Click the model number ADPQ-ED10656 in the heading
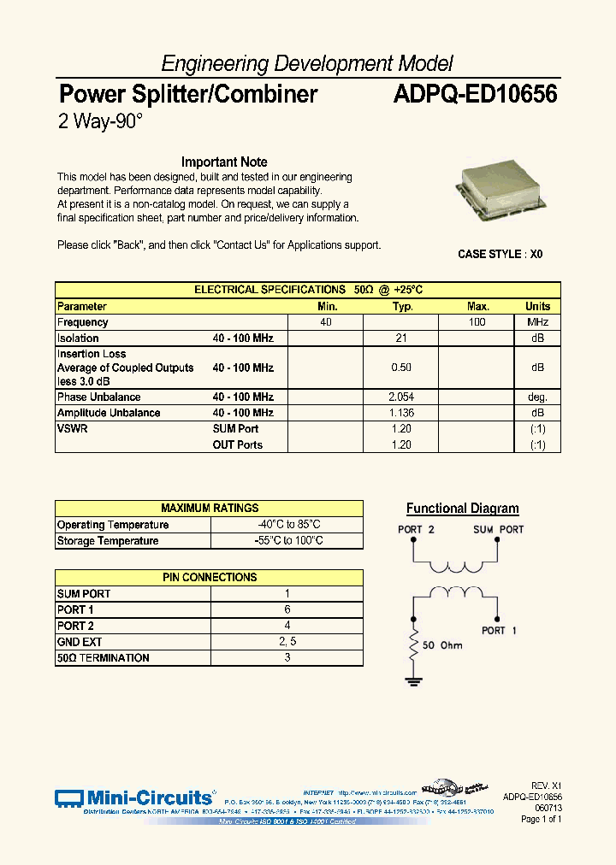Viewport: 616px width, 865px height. point(475,94)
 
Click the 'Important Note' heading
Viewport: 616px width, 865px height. point(224,162)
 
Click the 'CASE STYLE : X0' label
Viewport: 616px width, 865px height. point(500,255)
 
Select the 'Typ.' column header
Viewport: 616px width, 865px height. point(402,306)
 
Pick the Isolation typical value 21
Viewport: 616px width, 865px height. point(401,338)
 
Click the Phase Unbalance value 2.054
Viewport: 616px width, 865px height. point(401,397)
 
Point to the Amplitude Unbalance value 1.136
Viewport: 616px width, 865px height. point(401,413)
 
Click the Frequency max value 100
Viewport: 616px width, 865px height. point(477,322)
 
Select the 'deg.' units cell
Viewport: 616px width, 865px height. point(537,397)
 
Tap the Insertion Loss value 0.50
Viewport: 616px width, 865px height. point(401,368)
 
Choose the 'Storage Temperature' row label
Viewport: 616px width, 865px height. point(108,541)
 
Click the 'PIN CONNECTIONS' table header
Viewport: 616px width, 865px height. point(210,578)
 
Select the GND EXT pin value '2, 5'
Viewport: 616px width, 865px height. point(287,642)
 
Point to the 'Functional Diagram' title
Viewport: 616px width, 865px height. point(462,509)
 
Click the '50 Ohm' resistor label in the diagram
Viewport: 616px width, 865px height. point(442,645)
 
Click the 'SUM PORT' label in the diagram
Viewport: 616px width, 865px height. point(498,530)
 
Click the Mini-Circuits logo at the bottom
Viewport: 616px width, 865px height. point(133,797)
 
